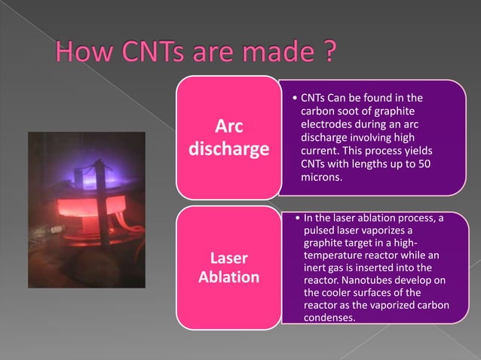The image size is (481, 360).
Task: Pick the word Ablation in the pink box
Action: point(228,277)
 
